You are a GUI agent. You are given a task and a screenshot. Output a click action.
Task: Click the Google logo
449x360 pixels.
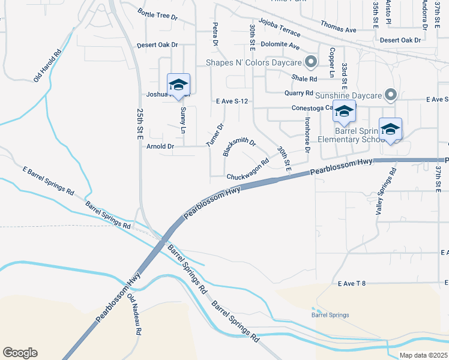coord(20,353)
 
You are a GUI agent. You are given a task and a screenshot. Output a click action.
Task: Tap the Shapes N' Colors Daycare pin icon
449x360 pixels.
coord(311,61)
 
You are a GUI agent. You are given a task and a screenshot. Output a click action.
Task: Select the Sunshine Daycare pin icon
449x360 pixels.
coord(391,95)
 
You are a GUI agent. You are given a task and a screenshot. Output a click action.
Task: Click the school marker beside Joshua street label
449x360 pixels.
coord(178,85)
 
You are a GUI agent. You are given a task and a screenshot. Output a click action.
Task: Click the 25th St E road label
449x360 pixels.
coord(140,126)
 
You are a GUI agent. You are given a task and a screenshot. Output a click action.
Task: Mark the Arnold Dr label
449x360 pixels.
coord(160,146)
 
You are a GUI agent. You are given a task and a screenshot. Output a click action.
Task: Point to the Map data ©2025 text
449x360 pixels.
coord(423,355)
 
